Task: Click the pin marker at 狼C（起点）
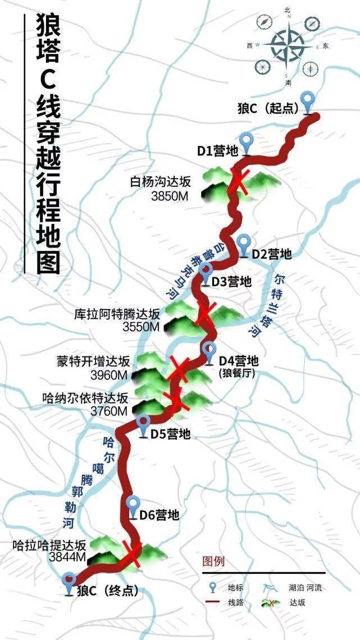307,103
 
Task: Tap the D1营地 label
217,150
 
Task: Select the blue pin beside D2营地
243,245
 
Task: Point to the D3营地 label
231,282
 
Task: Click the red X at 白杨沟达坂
238,182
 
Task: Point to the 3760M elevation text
108,412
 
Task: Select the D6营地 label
160,514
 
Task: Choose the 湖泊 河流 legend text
307,588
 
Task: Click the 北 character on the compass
288,10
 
